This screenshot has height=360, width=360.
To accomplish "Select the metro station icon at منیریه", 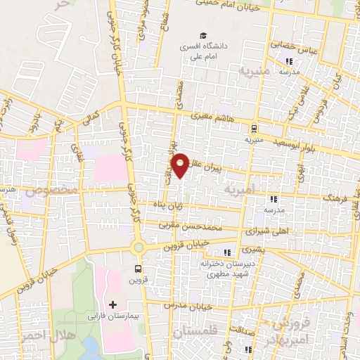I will (x=253, y=128).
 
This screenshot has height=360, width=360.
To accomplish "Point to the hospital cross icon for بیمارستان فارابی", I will (x=113, y=304).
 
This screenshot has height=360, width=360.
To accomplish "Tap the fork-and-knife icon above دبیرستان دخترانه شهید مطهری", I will (x=227, y=252).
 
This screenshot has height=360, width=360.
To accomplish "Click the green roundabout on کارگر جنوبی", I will (x=139, y=246).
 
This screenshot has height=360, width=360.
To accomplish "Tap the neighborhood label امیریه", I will (x=236, y=190).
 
